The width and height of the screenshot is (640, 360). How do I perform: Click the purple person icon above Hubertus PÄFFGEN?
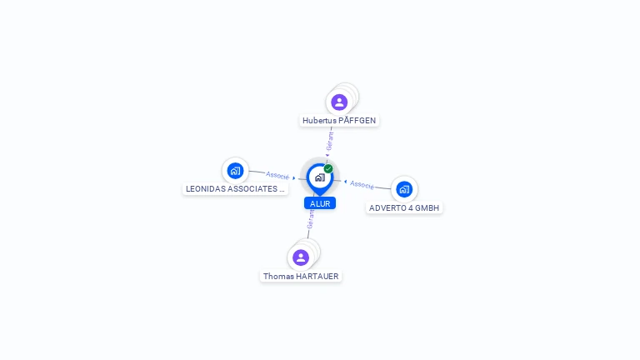point(339,102)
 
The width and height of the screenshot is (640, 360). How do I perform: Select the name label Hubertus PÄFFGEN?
point(339,121)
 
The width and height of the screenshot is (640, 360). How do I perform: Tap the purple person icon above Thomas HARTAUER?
point(301,257)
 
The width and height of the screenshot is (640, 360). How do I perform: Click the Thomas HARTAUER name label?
point(301,276)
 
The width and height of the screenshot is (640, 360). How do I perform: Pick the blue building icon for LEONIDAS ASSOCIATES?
point(235,171)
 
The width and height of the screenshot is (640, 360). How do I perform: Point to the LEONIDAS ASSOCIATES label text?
point(235,189)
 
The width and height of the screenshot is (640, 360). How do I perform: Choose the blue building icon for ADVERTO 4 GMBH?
point(404,189)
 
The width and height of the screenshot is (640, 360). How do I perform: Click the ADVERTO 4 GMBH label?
point(404,207)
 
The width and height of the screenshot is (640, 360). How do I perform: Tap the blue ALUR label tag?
point(320,203)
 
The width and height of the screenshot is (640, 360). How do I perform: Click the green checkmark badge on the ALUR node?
point(328,169)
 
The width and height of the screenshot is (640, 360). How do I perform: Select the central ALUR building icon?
point(319,177)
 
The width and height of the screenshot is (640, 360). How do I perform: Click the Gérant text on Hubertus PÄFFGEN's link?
point(330,141)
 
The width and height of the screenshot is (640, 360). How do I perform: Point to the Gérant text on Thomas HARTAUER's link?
point(311,219)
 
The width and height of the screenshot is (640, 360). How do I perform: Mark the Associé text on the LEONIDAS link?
point(277,176)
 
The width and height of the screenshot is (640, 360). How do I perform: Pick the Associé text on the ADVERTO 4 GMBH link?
point(362,184)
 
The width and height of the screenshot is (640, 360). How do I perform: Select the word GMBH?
point(427,207)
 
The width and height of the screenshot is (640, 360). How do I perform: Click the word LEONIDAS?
point(206,189)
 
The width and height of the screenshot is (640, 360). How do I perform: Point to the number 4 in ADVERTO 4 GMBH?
point(409,207)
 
